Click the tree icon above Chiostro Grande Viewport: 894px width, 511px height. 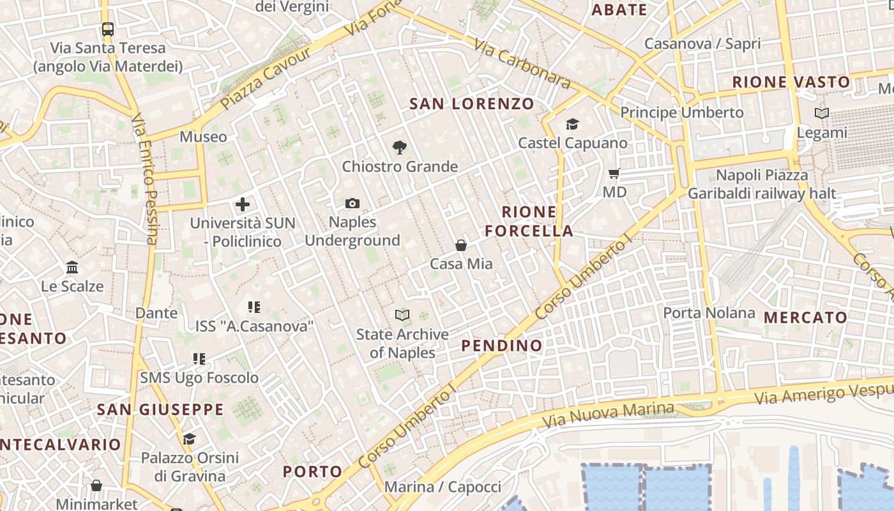click(x=400, y=148)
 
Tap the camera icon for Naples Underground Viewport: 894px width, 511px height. click(x=352, y=203)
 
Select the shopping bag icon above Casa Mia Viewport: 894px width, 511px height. click(x=460, y=245)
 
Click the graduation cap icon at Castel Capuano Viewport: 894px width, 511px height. click(x=572, y=124)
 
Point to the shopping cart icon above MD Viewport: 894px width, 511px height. click(x=614, y=173)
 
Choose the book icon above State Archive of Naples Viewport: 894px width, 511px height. click(x=402, y=315)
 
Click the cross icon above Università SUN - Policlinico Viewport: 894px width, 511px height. click(x=242, y=205)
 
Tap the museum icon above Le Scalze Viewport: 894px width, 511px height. click(x=72, y=267)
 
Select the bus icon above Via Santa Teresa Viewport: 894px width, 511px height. click(x=107, y=29)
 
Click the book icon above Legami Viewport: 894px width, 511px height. click(x=822, y=114)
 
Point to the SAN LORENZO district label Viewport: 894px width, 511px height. click(x=472, y=103)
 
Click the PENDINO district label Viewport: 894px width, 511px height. click(x=502, y=346)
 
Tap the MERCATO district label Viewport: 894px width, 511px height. click(x=805, y=317)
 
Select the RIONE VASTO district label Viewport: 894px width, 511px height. click(x=791, y=82)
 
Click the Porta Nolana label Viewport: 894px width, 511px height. click(x=709, y=313)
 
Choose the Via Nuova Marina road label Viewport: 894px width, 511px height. click(x=607, y=415)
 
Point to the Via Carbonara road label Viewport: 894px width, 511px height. click(x=522, y=62)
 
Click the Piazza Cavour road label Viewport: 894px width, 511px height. click(x=264, y=77)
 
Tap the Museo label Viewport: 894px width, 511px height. click(x=203, y=137)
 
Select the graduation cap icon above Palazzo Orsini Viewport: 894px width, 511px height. click(x=189, y=439)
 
